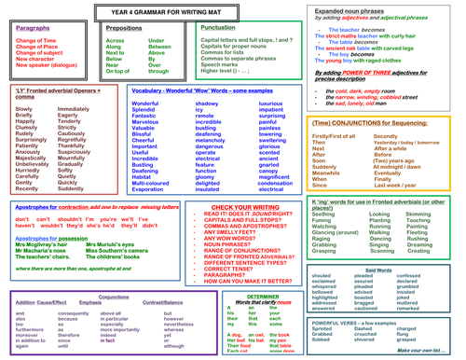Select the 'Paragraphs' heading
[x=34, y=29]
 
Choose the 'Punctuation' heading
[x=217, y=29]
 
